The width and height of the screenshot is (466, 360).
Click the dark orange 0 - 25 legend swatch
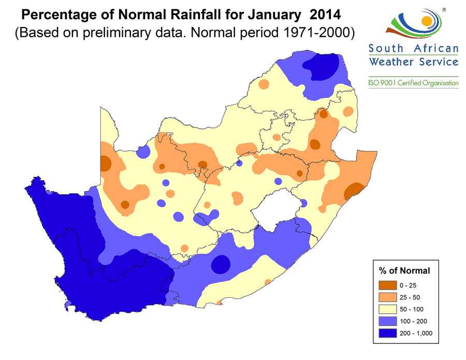click(x=388, y=286)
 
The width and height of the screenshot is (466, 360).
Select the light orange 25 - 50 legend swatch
click(x=388, y=298)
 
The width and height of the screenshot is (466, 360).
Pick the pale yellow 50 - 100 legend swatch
click(x=388, y=310)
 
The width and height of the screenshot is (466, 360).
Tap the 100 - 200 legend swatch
click(x=388, y=321)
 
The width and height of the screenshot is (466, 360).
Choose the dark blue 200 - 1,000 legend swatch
click(x=388, y=333)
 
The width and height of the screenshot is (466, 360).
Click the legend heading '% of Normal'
click(x=404, y=270)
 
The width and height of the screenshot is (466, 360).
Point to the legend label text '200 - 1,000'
click(x=416, y=333)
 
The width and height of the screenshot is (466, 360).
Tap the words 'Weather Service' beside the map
click(x=413, y=62)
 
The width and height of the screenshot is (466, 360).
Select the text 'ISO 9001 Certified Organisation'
click(x=413, y=83)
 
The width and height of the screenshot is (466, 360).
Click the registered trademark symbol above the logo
click(x=443, y=9)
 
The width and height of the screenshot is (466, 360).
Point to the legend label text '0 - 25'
click(x=407, y=286)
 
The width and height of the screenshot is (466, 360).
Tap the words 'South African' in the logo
click(x=413, y=49)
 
